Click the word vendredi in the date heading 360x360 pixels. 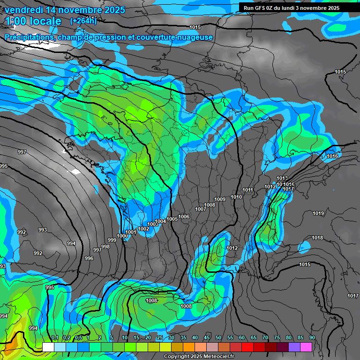pos(24,10)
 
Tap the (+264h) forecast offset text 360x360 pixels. pos(83,20)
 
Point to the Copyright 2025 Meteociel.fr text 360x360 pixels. pos(199,357)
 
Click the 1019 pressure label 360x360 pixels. pos(318,214)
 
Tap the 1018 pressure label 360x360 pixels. pos(317,238)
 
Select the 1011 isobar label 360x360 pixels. pos(248,190)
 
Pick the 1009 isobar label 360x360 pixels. pos(220,200)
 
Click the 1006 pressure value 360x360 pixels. pos(184,217)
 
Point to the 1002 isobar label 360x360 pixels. pos(143,229)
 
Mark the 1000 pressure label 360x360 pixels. pos(122,236)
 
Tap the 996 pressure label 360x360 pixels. pos(89,258)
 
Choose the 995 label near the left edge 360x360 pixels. pos(3,166)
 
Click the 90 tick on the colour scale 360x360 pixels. pos(312,337)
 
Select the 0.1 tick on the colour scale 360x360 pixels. pos(55,337)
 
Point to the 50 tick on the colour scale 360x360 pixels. pos(218,337)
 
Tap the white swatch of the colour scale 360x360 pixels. pos(48,347)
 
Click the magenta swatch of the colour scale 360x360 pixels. pos(306,347)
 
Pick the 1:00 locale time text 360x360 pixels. pos(33,21)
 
